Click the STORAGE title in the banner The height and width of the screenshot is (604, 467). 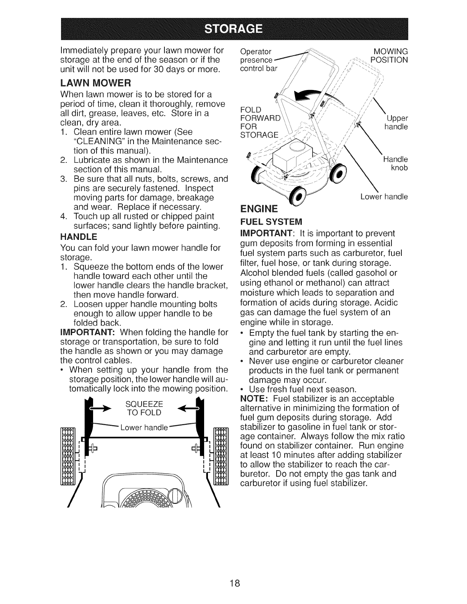(x=233, y=29)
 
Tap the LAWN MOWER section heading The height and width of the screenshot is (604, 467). (x=96, y=83)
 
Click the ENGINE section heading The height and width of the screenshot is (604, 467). (x=258, y=209)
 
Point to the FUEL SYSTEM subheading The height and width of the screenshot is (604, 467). (x=271, y=222)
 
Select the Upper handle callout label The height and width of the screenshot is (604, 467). (x=396, y=122)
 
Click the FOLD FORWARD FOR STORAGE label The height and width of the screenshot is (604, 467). (x=259, y=122)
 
